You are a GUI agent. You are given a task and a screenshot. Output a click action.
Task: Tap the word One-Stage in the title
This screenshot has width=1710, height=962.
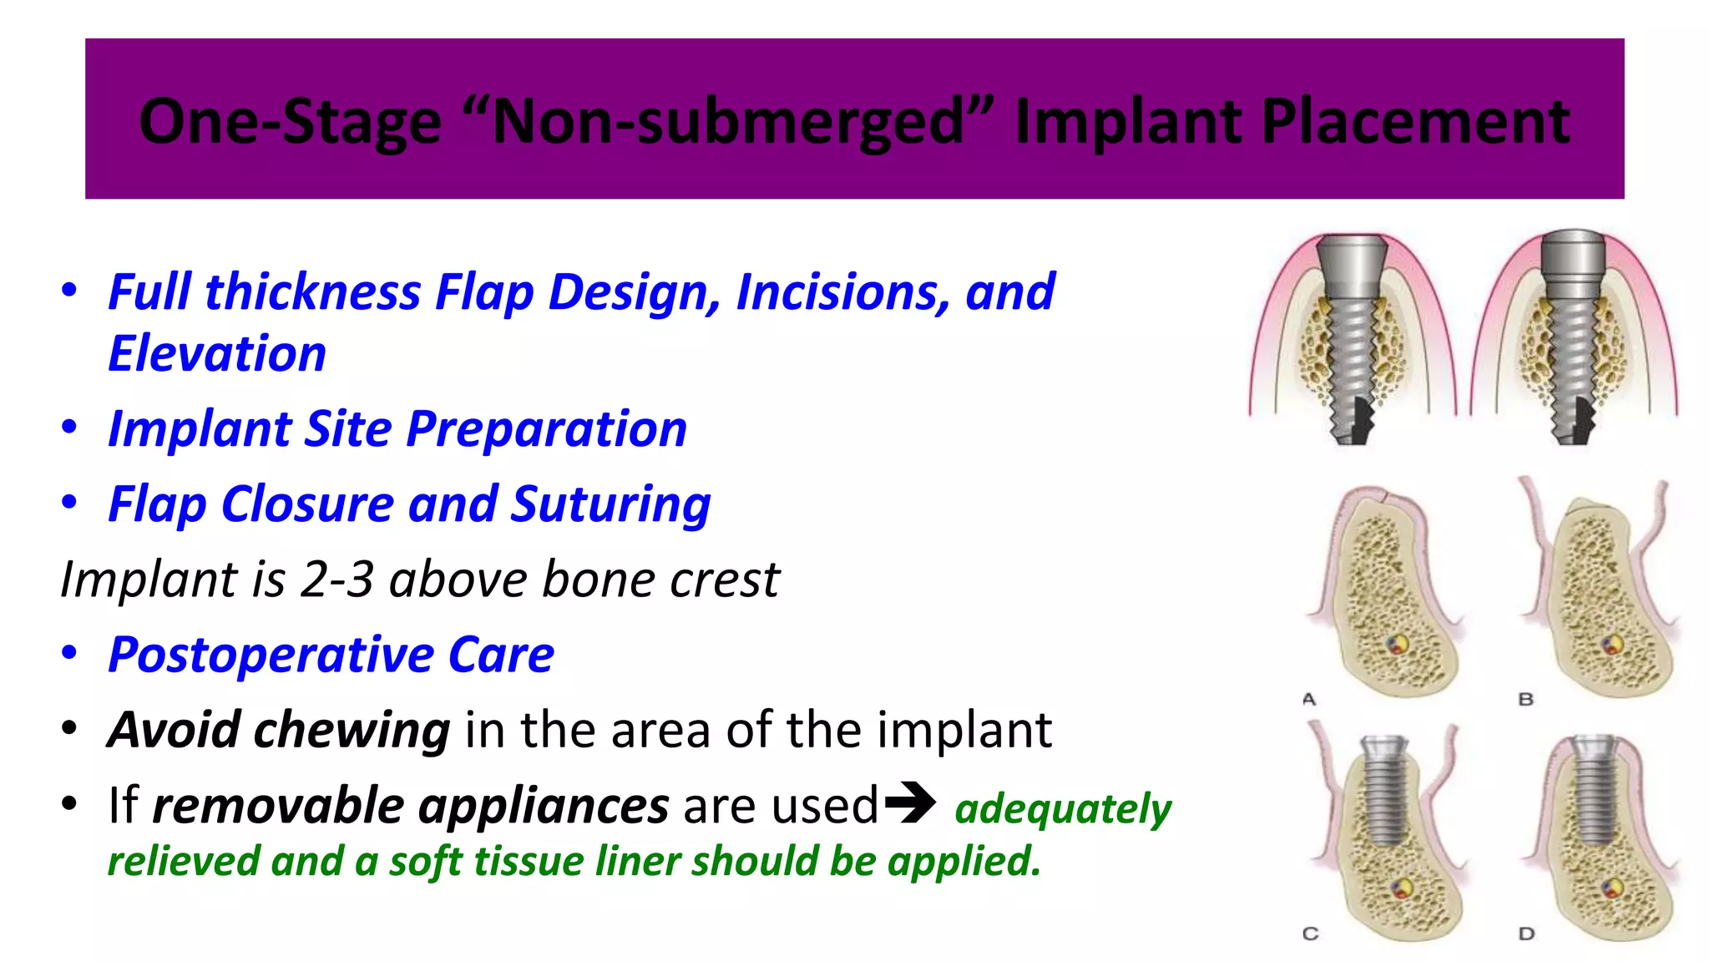tap(290, 122)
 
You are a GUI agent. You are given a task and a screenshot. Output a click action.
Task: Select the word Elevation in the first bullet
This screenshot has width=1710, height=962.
tap(217, 353)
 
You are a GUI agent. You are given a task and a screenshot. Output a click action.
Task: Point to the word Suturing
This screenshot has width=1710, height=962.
tap(610, 504)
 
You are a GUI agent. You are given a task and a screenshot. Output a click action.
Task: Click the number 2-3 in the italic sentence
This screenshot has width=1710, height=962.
tap(336, 580)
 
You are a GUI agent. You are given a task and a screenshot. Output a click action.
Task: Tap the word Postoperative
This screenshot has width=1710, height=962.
tap(271, 655)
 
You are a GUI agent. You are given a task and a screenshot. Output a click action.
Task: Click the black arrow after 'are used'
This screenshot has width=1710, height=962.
tap(910, 803)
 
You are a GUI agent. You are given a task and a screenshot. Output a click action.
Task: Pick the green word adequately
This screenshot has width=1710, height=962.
tap(1063, 808)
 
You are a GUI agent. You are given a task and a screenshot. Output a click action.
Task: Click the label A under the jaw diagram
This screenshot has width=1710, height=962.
tap(1309, 699)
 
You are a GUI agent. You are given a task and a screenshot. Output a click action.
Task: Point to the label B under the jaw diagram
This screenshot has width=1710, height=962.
tap(1525, 699)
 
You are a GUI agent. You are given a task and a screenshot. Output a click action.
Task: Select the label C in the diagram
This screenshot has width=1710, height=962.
tap(1310, 934)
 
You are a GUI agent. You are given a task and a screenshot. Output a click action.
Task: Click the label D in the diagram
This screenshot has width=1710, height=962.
tap(1526, 934)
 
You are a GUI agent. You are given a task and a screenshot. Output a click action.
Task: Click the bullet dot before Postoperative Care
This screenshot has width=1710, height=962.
tap(69, 653)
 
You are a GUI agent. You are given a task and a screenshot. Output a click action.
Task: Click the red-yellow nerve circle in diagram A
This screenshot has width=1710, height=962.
tap(1396, 644)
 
